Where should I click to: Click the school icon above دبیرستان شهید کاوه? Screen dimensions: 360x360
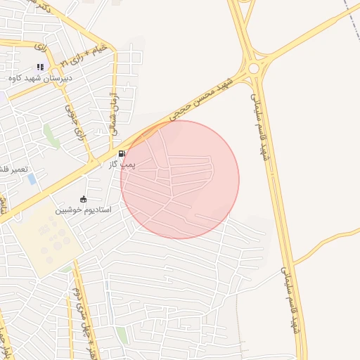pos(40,67)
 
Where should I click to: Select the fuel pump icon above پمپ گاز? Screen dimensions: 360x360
pos(122,154)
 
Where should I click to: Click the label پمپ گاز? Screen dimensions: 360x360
pos(121,164)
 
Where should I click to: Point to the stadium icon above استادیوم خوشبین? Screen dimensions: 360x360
pos(84,200)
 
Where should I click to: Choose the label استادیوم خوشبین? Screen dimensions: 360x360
pos(84,210)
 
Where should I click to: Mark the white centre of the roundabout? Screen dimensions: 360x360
pos(253,68)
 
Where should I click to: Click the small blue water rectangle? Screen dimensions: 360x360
pos(32,179)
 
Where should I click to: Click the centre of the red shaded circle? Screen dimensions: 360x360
pos(180,179)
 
